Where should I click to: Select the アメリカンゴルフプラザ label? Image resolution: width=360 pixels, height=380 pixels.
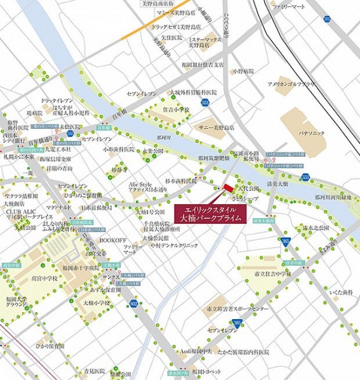coord(291,84)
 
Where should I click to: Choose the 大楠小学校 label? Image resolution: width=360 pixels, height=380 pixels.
coord(97,303)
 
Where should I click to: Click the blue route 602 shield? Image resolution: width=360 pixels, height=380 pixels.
coord(133,303)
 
